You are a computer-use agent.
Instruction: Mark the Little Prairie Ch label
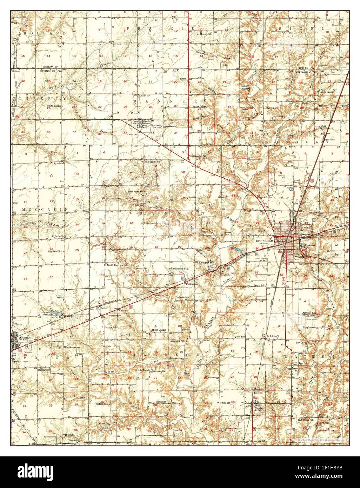point(146,370)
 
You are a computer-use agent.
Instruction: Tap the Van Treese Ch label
point(152,162)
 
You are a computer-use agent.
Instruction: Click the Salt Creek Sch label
point(306,420)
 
